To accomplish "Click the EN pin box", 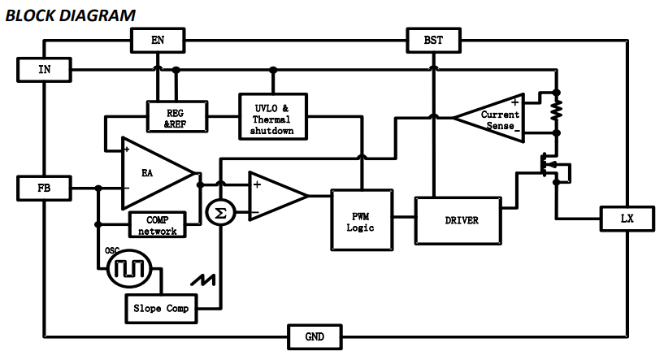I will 157,40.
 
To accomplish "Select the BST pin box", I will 433,40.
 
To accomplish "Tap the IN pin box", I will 44,69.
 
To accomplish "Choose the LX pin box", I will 627,219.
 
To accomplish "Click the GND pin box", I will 315,335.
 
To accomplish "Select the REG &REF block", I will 176,116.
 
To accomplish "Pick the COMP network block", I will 157,225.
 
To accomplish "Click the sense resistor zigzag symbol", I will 556,109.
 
